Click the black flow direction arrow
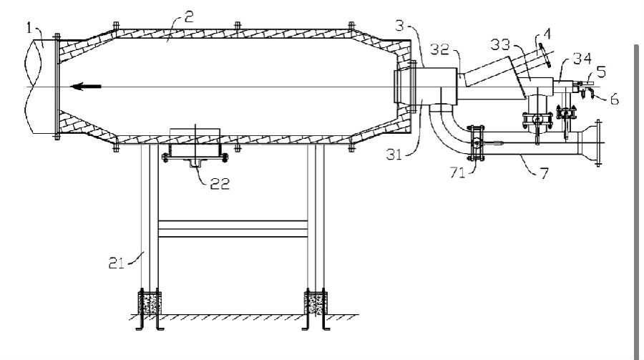coord(86,87)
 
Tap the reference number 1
coord(29,29)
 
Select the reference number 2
coord(188,17)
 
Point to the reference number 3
coord(399,26)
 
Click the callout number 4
coord(546,34)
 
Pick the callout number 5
coord(601,72)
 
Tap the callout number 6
coord(614,99)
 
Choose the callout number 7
coord(544,173)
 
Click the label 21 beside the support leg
coord(116,263)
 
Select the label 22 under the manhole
coord(220,183)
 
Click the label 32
coord(440,49)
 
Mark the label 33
coord(500,44)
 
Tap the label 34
coord(582,59)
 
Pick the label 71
coord(457,172)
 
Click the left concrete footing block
coord(150,303)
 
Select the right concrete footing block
coord(315,303)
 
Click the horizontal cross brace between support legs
coord(233,229)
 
